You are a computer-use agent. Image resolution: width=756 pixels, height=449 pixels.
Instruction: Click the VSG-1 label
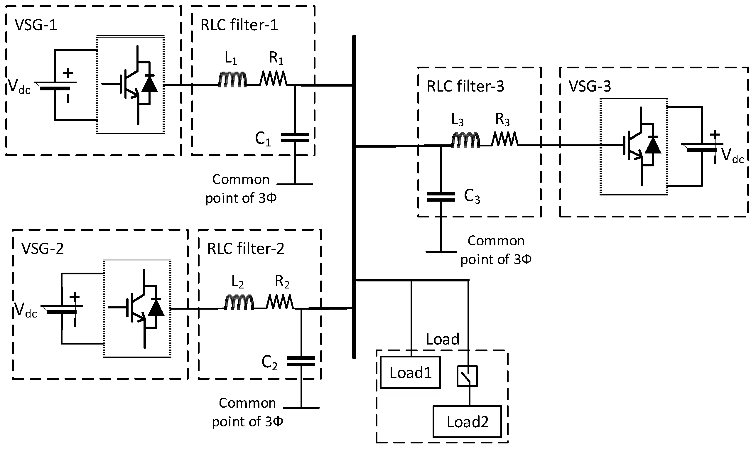coord(36,25)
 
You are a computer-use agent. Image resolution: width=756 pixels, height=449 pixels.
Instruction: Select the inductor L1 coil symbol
coord(232,80)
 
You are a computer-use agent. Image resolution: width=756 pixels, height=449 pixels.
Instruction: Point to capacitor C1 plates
coord(295,137)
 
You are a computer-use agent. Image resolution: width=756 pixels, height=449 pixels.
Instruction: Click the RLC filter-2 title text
coord(246,249)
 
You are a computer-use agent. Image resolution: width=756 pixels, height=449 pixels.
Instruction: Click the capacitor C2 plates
coord(301,361)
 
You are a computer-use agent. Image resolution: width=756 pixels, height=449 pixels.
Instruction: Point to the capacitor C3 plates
coord(441,197)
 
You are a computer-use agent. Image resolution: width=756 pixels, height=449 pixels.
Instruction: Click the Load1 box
coord(410,372)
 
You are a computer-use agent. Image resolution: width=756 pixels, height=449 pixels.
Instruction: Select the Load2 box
coord(467,422)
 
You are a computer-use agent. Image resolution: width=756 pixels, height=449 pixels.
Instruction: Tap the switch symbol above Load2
coord(467,376)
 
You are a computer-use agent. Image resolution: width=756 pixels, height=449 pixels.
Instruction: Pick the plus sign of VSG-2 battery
coord(75,296)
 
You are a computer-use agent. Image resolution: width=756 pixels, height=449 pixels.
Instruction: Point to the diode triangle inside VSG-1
coord(149,84)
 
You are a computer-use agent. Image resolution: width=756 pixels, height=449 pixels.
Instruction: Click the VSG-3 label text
coord(590,86)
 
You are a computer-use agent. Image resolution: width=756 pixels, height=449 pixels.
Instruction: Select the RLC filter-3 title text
coord(465,87)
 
